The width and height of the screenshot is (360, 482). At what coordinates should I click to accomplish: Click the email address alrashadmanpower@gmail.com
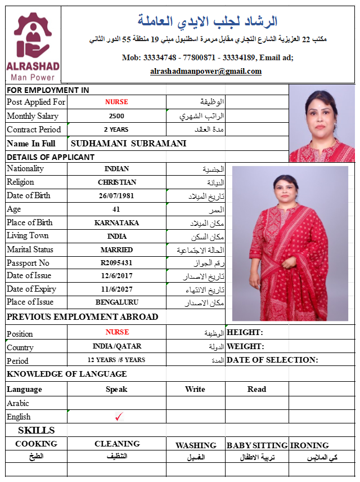pyautogui.click(x=206, y=72)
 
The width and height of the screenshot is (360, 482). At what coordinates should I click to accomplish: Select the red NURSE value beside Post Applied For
pyautogui.click(x=116, y=102)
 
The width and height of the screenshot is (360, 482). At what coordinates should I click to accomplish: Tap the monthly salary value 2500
pyautogui.click(x=116, y=116)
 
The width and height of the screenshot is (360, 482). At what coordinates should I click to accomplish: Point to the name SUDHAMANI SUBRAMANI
pyautogui.click(x=128, y=144)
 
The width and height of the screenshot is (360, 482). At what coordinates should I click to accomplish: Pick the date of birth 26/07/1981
pyautogui.click(x=116, y=196)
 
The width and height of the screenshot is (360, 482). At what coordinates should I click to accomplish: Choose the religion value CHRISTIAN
pyautogui.click(x=116, y=182)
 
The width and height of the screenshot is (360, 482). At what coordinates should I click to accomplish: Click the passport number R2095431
pyautogui.click(x=116, y=263)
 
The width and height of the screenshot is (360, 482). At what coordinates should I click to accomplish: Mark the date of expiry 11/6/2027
pyautogui.click(x=116, y=289)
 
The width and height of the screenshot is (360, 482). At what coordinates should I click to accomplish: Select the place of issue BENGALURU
pyautogui.click(x=116, y=302)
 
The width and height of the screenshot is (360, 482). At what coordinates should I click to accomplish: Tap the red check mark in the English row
pyautogui.click(x=118, y=417)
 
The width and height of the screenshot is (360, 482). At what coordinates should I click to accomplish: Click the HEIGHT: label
pyautogui.click(x=245, y=333)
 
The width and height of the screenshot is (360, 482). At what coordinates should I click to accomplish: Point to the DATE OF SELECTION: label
pyautogui.click(x=272, y=360)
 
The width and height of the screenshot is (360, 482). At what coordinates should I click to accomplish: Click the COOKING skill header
pyautogui.click(x=36, y=444)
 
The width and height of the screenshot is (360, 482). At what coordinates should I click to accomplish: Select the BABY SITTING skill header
pyautogui.click(x=257, y=445)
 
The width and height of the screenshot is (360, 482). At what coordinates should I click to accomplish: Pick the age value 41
pyautogui.click(x=116, y=209)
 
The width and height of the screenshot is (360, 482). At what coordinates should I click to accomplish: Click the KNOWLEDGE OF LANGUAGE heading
pyautogui.click(x=66, y=374)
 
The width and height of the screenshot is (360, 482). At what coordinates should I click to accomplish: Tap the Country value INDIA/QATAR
pyautogui.click(x=116, y=346)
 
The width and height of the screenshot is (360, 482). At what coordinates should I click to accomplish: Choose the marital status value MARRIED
pyautogui.click(x=116, y=249)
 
